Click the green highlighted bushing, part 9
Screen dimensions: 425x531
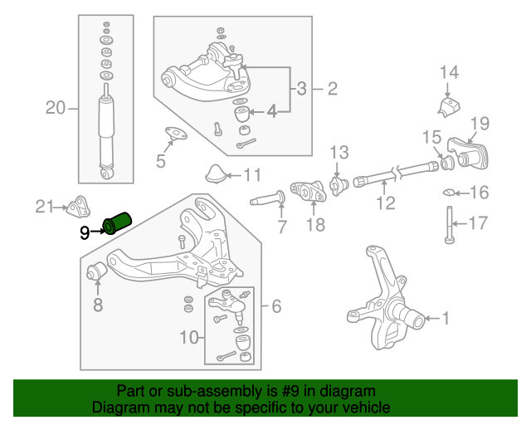(118, 222)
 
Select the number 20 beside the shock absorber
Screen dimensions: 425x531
(55, 107)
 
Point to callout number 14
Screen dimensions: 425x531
(449, 72)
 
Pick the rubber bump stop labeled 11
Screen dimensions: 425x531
(217, 173)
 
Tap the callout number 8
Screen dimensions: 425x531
(97, 305)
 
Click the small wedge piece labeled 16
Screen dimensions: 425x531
(448, 193)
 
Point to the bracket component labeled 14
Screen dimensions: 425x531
(449, 106)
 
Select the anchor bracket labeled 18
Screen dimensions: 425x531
(309, 193)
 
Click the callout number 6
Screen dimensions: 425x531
(276, 306)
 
